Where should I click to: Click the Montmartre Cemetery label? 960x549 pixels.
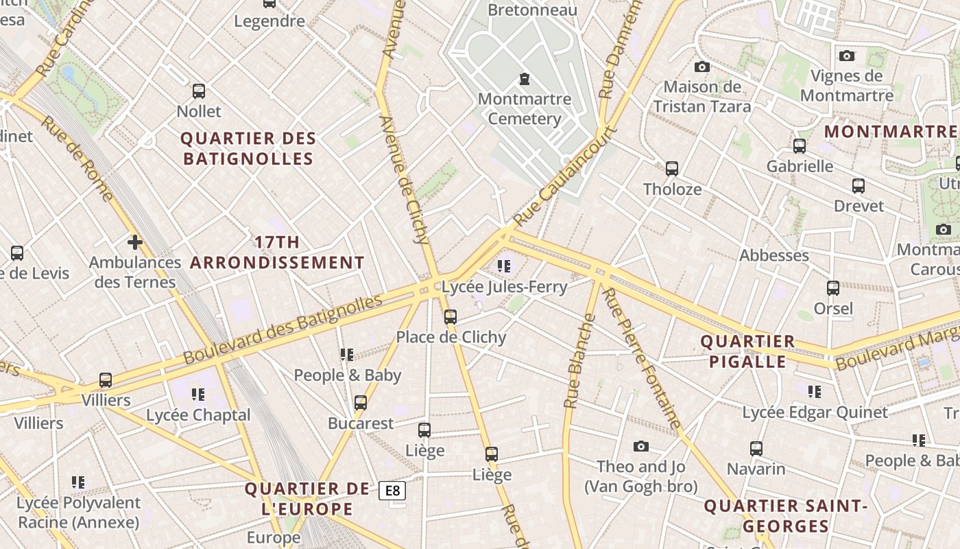pyautogui.click(x=525, y=108)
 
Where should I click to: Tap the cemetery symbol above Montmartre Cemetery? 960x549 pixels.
pyautogui.click(x=525, y=79)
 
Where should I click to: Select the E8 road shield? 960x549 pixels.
pyautogui.click(x=392, y=491)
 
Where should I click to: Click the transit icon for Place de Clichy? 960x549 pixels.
pyautogui.click(x=451, y=316)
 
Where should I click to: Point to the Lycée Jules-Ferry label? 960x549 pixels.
pyautogui.click(x=505, y=287)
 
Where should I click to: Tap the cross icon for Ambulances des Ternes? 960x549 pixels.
pyautogui.click(x=135, y=242)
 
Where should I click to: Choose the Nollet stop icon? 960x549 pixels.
pyautogui.click(x=199, y=91)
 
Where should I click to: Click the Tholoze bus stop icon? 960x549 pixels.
pyautogui.click(x=672, y=168)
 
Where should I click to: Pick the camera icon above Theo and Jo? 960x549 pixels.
pyautogui.click(x=641, y=446)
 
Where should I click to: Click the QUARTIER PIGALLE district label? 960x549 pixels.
pyautogui.click(x=747, y=351)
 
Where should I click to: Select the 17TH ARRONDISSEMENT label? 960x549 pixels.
pyautogui.click(x=277, y=253)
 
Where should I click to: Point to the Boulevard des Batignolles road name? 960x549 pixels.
pyautogui.click(x=283, y=329)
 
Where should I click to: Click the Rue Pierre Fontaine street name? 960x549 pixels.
pyautogui.click(x=642, y=358)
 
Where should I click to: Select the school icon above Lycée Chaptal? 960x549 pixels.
pyautogui.click(x=198, y=394)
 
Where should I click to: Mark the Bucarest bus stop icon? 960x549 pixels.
pyautogui.click(x=361, y=403)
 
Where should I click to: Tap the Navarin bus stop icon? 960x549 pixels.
pyautogui.click(x=756, y=448)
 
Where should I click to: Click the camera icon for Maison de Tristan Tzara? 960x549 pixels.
pyautogui.click(x=701, y=67)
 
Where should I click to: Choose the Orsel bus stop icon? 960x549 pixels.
pyautogui.click(x=833, y=288)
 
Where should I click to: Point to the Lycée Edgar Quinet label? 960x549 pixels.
pyautogui.click(x=815, y=412)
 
